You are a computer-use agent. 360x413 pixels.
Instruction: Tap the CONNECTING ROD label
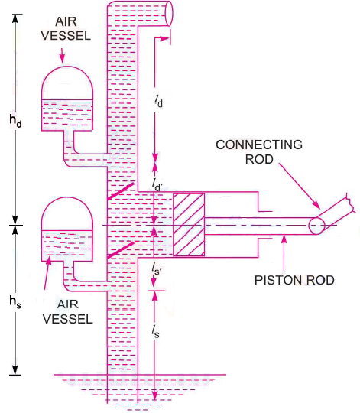259,152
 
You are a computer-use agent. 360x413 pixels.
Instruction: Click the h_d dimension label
13,122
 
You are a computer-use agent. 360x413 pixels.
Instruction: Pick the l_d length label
160,99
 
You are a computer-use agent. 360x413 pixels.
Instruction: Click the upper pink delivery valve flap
120,187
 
